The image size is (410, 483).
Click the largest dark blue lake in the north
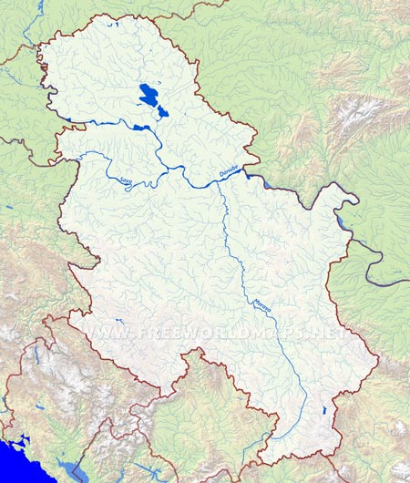[147, 94]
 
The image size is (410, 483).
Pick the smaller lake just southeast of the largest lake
[163, 111]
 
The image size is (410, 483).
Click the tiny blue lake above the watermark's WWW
[118, 320]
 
